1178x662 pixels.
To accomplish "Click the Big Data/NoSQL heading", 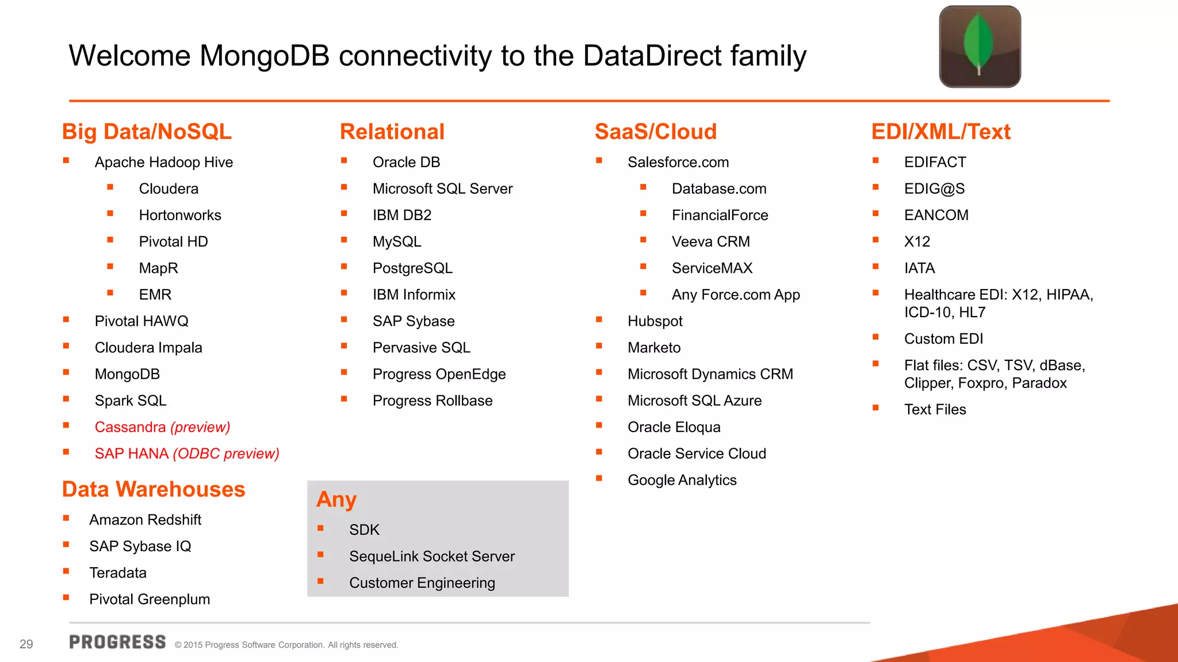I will pyautogui.click(x=147, y=132).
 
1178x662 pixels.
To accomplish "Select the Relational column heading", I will pyautogui.click(x=392, y=132).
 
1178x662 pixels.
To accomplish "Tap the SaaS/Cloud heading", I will pyautogui.click(x=655, y=132).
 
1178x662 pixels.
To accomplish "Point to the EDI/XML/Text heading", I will pyautogui.click(x=940, y=132).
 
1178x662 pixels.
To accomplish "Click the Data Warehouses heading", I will pyautogui.click(x=154, y=489).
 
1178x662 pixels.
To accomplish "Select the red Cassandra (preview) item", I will pyautogui.click(x=162, y=427).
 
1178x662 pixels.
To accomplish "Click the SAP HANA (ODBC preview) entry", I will pyautogui.click(x=187, y=453).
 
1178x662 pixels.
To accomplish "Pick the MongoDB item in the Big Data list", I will pyautogui.click(x=127, y=374).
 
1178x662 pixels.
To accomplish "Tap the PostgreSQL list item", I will pyautogui.click(x=412, y=268).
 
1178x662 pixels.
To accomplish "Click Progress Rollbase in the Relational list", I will pyautogui.click(x=433, y=401).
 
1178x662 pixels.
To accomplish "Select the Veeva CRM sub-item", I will pyautogui.click(x=710, y=242).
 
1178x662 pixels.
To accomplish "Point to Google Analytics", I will pyautogui.click(x=682, y=480).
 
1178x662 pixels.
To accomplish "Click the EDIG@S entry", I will pyautogui.click(x=934, y=188).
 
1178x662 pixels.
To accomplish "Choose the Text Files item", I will pyautogui.click(x=935, y=410).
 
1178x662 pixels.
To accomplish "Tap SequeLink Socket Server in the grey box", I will pyautogui.click(x=431, y=556).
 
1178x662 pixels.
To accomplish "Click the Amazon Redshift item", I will pyautogui.click(x=145, y=520).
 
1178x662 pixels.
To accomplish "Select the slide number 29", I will pyautogui.click(x=26, y=644).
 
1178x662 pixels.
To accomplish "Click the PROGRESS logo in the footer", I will pyautogui.click(x=117, y=642).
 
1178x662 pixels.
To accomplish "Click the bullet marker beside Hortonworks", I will pyautogui.click(x=110, y=214).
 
